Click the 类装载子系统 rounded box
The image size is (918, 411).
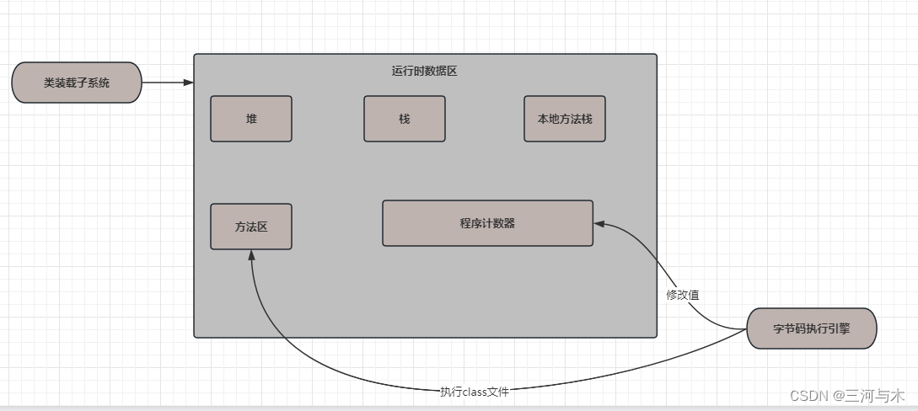76,83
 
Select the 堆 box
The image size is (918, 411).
251,119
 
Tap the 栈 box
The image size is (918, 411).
404,119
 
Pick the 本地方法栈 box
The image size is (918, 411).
564,119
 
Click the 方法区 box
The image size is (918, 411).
251,227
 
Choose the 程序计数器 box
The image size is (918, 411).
487,223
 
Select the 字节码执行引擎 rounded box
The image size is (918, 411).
812,328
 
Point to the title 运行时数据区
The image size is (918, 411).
425,72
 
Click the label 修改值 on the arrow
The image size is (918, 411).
683,295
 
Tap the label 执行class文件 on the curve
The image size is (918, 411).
475,392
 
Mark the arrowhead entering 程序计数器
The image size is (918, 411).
599,223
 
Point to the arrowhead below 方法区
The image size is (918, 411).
251,255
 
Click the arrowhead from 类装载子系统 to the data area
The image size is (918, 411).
189,83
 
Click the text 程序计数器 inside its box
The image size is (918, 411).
487,223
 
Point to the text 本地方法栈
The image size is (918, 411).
564,119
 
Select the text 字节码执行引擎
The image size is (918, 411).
812,328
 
